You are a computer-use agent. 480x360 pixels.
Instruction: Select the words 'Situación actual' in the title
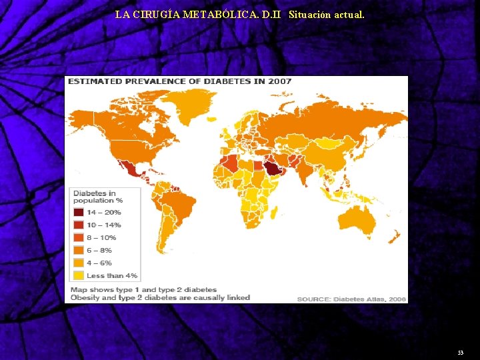(327, 13)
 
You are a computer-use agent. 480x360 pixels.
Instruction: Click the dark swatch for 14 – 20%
(78, 212)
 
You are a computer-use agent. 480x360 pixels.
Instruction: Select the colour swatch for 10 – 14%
(78, 225)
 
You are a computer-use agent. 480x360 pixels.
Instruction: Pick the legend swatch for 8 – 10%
(78, 237)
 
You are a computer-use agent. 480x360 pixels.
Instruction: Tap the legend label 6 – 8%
(99, 250)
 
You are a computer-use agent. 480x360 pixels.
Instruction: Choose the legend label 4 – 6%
(99, 263)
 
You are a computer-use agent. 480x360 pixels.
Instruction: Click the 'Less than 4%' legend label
(111, 275)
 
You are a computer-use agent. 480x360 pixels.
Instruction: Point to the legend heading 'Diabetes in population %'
(98, 197)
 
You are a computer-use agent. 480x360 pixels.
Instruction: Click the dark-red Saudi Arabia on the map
(273, 168)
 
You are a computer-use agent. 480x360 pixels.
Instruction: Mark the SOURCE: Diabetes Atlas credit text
(351, 299)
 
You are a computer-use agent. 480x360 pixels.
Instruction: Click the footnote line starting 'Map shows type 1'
(143, 290)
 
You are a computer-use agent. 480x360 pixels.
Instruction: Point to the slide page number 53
(460, 351)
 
